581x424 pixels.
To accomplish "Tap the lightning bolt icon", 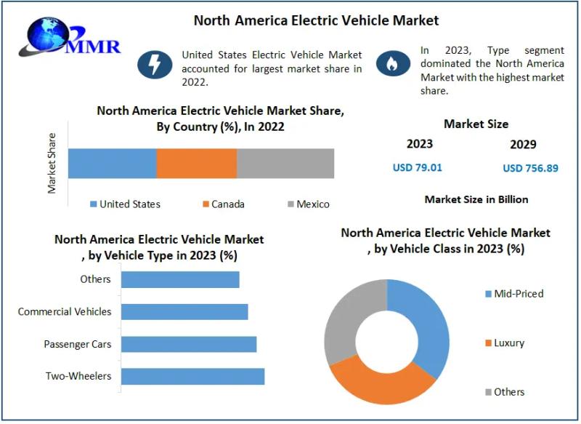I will coord(154,65).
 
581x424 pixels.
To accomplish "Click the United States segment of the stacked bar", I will coord(113,163).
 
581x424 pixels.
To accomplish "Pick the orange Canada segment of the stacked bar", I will coord(197,163).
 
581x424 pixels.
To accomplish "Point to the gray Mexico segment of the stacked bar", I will coord(285,163).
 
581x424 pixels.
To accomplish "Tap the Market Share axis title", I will coord(52,163).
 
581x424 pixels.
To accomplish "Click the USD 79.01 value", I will coord(417,167).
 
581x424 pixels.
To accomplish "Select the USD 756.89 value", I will coord(530,168).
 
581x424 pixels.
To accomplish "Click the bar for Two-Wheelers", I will coord(192,376).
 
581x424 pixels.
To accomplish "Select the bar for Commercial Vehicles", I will coord(184,311).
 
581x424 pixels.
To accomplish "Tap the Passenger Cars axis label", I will coord(78,344).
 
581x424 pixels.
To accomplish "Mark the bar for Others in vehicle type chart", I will coord(180,279).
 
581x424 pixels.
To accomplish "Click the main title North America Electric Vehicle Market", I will coord(316,20).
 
